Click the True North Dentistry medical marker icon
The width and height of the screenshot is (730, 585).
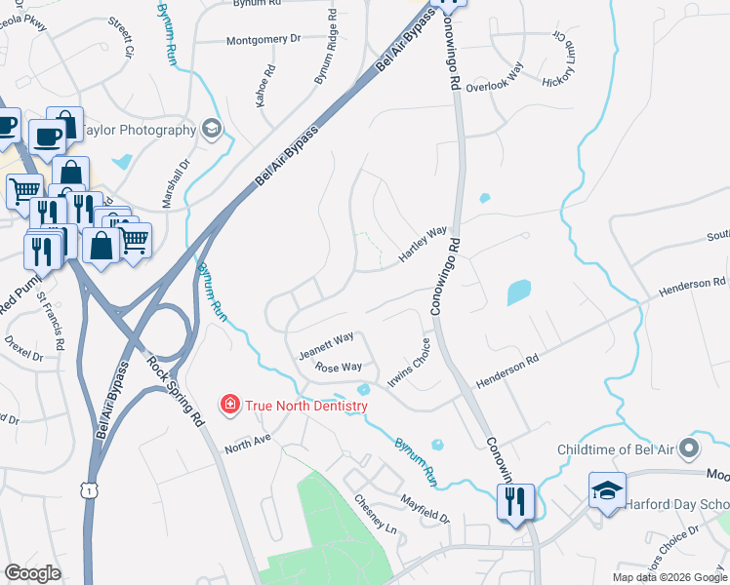[x=229, y=403]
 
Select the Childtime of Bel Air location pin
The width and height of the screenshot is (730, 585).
[x=690, y=448]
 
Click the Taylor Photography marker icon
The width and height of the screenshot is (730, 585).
[x=211, y=129]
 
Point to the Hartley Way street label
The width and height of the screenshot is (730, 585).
[x=422, y=245]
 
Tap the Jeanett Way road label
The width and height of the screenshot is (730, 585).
[x=326, y=340]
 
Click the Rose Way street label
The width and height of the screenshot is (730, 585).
[x=339, y=368]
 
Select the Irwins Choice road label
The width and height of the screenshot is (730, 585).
[x=409, y=364]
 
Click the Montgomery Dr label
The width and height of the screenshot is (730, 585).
[x=264, y=40]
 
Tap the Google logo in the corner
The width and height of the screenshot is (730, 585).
[x=33, y=573]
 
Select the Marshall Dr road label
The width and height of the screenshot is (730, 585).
[x=182, y=184]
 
